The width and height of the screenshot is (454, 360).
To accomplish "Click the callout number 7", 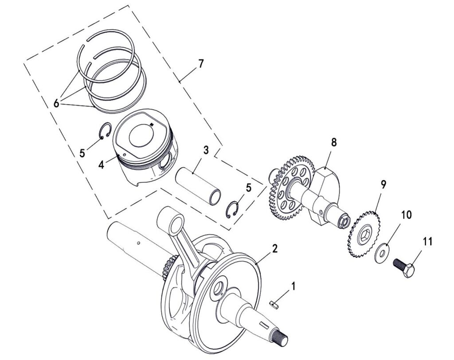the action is click(x=200, y=63).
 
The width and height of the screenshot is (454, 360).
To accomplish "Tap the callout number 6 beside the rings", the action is click(x=56, y=103).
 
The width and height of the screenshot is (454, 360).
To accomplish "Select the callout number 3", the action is click(x=206, y=150).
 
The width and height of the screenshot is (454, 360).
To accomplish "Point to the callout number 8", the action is click(x=334, y=142).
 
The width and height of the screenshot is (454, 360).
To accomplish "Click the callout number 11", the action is click(x=427, y=241).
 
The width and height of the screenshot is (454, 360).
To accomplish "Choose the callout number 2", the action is click(x=274, y=248).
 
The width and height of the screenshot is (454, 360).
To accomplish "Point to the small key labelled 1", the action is click(x=274, y=305).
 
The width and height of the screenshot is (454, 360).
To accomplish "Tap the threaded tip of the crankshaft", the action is click(x=280, y=338).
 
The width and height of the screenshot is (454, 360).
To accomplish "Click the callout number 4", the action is click(x=101, y=165).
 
